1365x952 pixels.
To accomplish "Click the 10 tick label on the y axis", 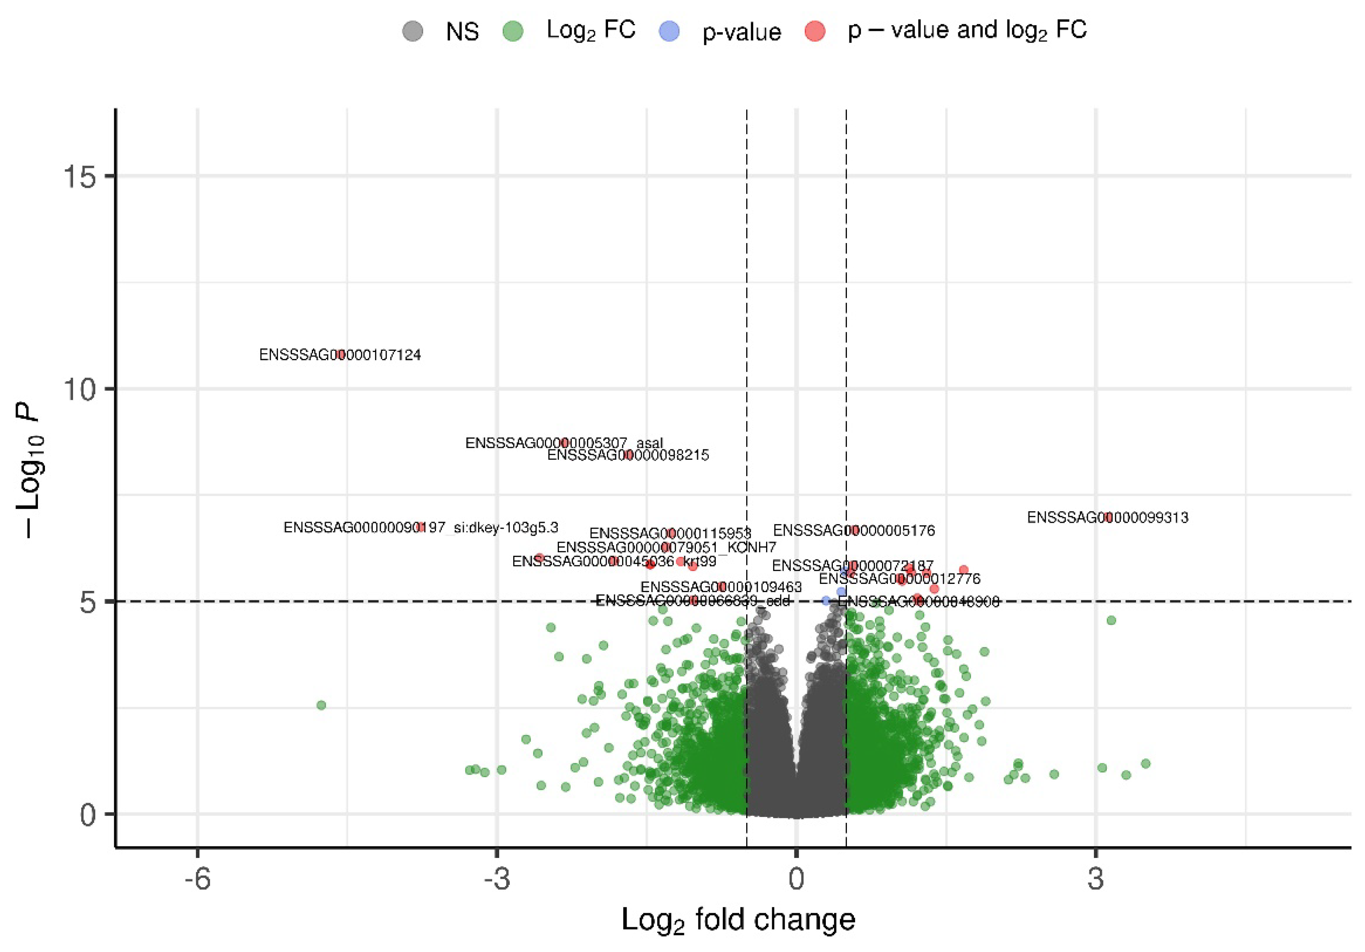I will (x=81, y=390).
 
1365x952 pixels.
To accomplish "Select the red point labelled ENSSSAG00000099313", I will (x=1108, y=517).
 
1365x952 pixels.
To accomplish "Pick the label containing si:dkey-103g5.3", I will (x=421, y=527).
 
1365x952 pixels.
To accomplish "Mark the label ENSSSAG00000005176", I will (x=854, y=530).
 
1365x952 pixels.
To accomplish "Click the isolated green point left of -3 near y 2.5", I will (x=321, y=705).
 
